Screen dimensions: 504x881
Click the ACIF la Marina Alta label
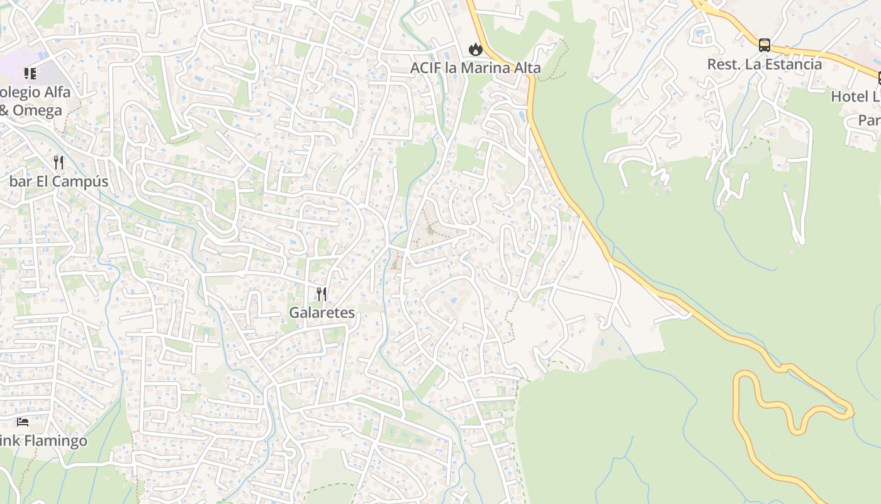475,67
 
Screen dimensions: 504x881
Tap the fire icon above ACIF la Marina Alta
475,49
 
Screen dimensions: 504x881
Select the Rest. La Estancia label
764,64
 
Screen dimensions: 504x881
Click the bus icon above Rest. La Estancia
764,45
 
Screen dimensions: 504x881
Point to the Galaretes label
322,312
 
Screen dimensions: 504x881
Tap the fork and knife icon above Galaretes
322,294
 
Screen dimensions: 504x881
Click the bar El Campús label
59,181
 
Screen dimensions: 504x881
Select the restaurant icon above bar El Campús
59,163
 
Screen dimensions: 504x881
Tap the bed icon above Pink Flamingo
23,421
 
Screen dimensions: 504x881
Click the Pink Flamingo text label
43,440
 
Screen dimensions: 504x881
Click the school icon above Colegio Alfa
30,74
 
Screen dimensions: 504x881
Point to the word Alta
524,67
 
